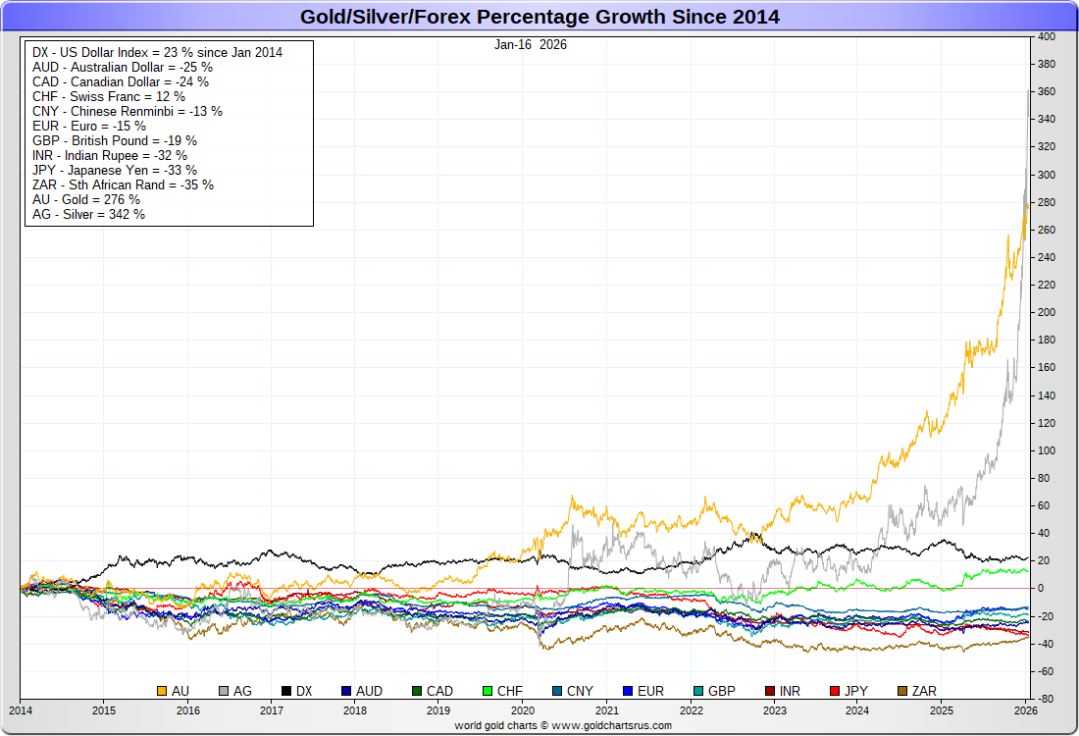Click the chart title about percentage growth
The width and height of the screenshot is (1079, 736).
pos(539,17)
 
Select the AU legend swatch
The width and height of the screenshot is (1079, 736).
pos(163,691)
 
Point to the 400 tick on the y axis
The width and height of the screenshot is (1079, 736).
pos(1047,36)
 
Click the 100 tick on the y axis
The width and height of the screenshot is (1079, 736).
pos(1047,450)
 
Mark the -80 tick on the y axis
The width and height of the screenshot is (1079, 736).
pos(1047,699)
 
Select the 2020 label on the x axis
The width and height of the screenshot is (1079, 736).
pos(523,710)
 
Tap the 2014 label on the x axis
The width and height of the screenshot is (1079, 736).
pos(21,710)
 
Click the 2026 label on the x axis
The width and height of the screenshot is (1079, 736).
pos(1026,710)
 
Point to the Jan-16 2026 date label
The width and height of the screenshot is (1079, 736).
pos(531,44)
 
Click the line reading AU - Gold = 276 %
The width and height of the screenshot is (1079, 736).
pos(86,199)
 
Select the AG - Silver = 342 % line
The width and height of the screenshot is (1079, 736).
pos(88,214)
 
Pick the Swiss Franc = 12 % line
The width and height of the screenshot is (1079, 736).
pos(108,96)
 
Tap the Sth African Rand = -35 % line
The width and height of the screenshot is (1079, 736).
pos(123,184)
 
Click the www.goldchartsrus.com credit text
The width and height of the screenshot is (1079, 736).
pos(562,725)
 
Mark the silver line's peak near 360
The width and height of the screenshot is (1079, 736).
pos(1028,90)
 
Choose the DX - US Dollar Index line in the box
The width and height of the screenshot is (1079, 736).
pos(157,52)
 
